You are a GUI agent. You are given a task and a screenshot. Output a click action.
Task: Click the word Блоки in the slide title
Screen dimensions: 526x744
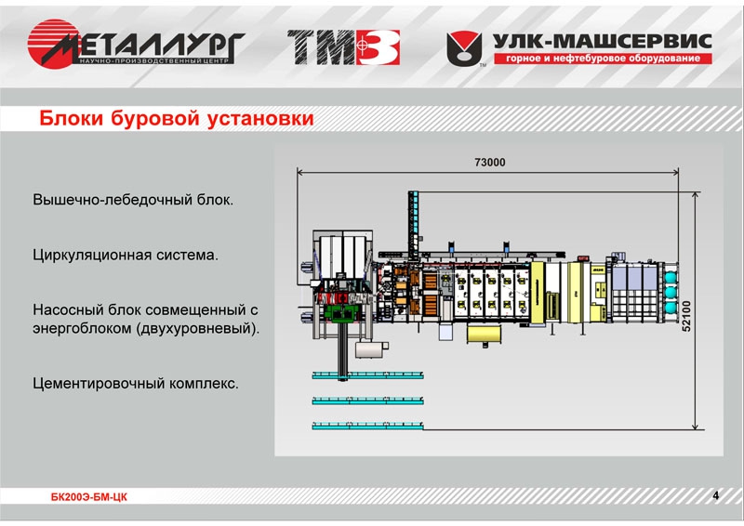[70, 119]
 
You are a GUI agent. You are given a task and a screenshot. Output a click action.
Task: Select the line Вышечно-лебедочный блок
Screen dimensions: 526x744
[132, 200]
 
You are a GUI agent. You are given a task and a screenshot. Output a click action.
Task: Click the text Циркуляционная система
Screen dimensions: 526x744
[125, 254]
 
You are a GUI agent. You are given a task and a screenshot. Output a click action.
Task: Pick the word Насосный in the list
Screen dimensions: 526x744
[69, 309]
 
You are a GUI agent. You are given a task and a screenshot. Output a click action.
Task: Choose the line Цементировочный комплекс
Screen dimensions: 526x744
[136, 382]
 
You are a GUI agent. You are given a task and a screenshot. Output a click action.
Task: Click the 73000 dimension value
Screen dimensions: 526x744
[489, 163]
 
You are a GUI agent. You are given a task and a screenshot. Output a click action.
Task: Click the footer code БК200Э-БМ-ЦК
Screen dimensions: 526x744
[89, 497]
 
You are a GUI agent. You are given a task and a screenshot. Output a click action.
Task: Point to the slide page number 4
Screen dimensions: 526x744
[715, 494]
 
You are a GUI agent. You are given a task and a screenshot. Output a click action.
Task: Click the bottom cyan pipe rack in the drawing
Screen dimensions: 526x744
[367, 426]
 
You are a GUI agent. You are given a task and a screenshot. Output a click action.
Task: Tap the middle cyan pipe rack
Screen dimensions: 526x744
[367, 401]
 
